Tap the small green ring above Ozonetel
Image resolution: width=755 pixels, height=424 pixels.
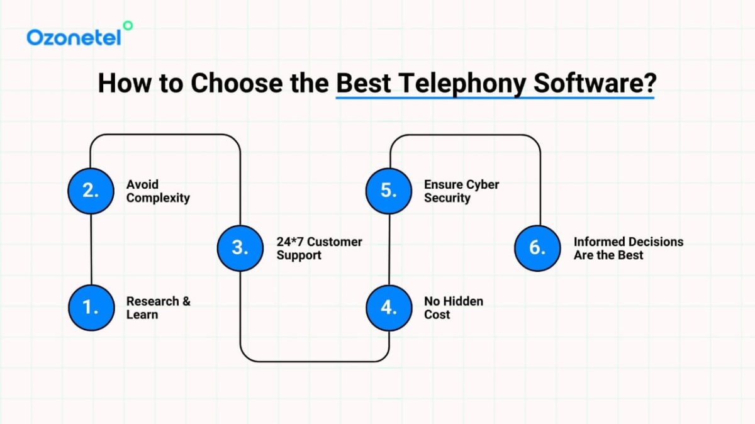[128, 25]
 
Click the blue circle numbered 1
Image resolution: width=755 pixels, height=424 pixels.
[91, 307]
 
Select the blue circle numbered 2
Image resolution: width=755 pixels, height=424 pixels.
[91, 191]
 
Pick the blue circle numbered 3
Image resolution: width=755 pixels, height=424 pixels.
[240, 248]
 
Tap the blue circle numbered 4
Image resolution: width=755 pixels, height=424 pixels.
[389, 307]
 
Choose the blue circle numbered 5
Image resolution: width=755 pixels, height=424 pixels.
[389, 191]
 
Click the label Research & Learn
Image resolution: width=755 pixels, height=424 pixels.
[158, 308]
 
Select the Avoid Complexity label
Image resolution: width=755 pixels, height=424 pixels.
[158, 191]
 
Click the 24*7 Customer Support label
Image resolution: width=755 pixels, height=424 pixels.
[319, 248]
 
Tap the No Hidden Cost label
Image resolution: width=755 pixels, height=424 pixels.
[453, 308]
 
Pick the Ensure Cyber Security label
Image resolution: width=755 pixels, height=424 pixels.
[461, 191]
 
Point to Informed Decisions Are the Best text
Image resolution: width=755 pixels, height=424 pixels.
[628, 248]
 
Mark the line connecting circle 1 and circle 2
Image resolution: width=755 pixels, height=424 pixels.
[91, 248]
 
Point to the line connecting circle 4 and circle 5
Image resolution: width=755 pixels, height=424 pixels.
[389, 248]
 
